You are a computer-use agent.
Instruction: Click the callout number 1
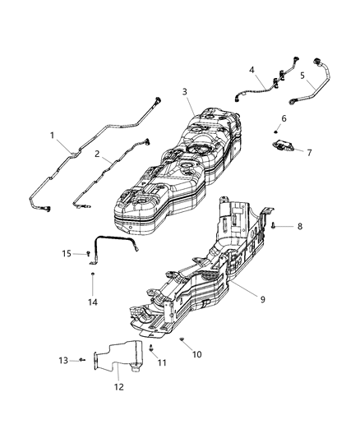pos(53,135)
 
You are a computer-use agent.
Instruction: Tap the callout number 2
pos(96,154)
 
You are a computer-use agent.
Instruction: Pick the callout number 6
pos(284,118)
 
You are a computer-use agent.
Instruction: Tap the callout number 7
pos(309,153)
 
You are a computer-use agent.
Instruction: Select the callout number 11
pos(162,362)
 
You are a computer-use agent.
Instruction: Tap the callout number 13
pos(62,360)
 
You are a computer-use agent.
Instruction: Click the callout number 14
pos(93,302)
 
